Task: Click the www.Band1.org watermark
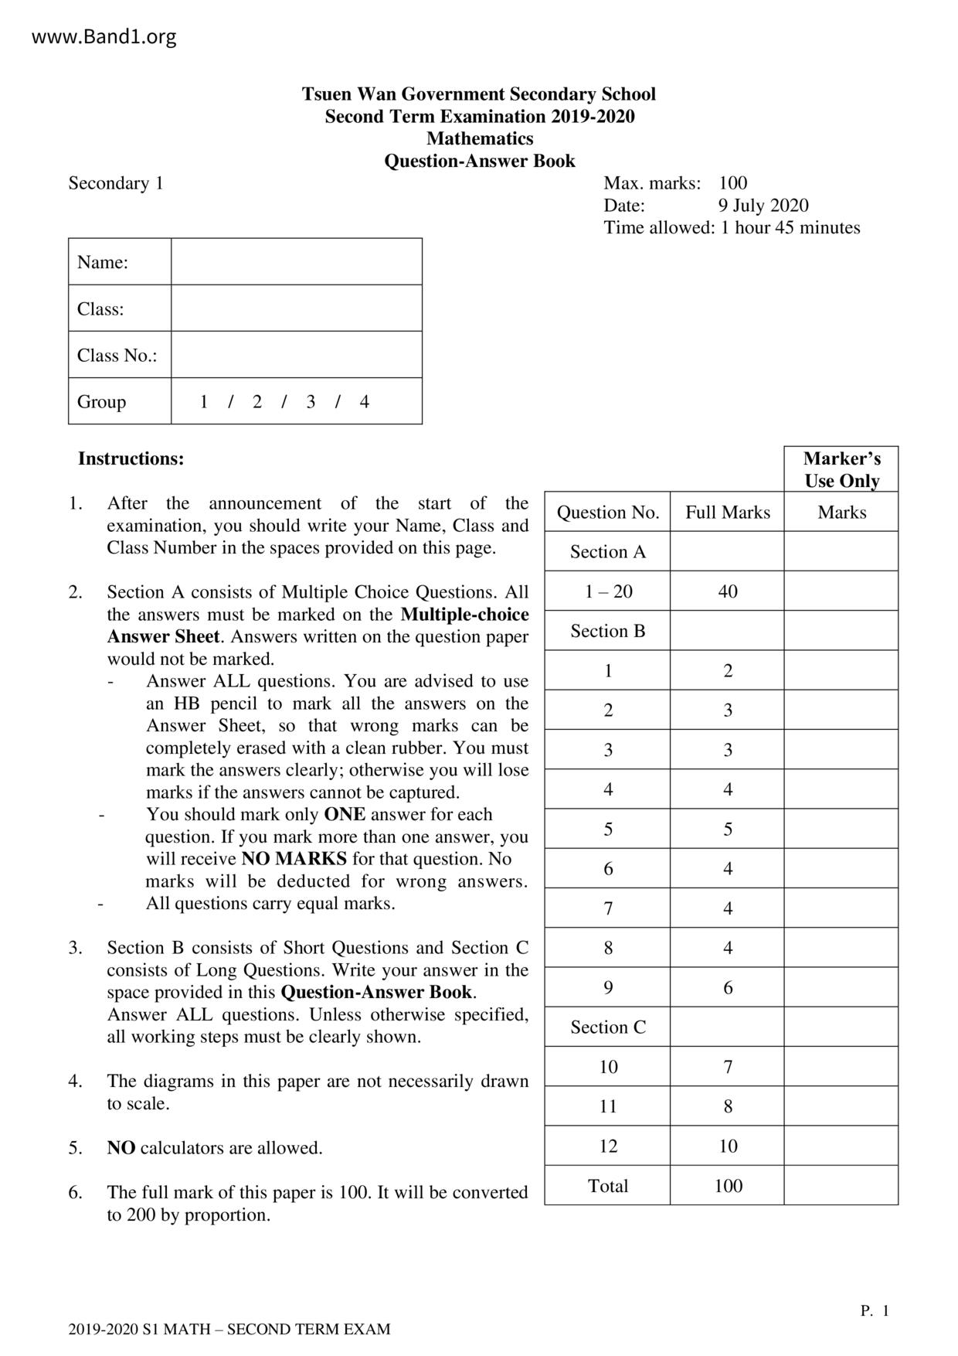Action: point(104,36)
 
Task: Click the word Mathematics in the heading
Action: point(479,138)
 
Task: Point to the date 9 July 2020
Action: point(763,205)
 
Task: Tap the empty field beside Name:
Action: point(297,262)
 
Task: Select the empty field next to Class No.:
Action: point(297,355)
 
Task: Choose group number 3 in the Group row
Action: point(311,401)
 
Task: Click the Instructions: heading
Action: point(131,458)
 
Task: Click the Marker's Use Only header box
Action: point(841,469)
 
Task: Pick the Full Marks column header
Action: point(728,512)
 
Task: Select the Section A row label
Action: point(608,551)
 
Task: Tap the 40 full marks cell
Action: point(728,591)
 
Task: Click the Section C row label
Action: point(608,1027)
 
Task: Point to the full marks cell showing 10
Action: point(728,1146)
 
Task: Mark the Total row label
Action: point(608,1185)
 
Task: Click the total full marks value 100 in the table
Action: point(728,1185)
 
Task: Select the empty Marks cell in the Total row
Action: point(841,1185)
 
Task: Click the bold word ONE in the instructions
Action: point(344,814)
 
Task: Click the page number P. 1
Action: point(875,1310)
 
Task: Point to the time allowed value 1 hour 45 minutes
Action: point(790,227)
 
